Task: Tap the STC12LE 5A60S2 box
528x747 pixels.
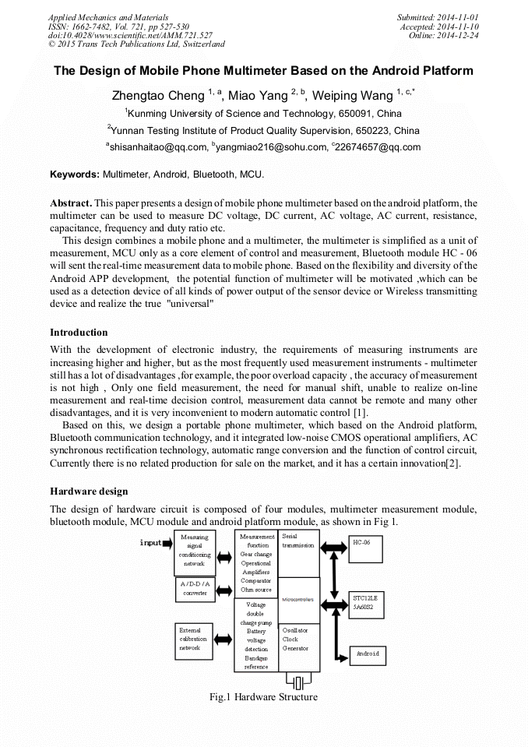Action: click(370, 602)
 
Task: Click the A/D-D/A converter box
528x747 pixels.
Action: click(195, 589)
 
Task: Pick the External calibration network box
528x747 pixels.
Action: click(194, 639)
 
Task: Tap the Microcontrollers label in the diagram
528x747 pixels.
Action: click(298, 600)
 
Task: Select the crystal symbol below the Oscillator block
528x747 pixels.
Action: click(299, 682)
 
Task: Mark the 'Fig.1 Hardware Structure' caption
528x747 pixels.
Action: click(263, 697)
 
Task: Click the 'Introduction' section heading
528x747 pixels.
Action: click(79, 333)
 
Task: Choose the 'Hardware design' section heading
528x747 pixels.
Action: click(89, 492)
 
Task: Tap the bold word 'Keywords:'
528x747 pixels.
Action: click(75, 174)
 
